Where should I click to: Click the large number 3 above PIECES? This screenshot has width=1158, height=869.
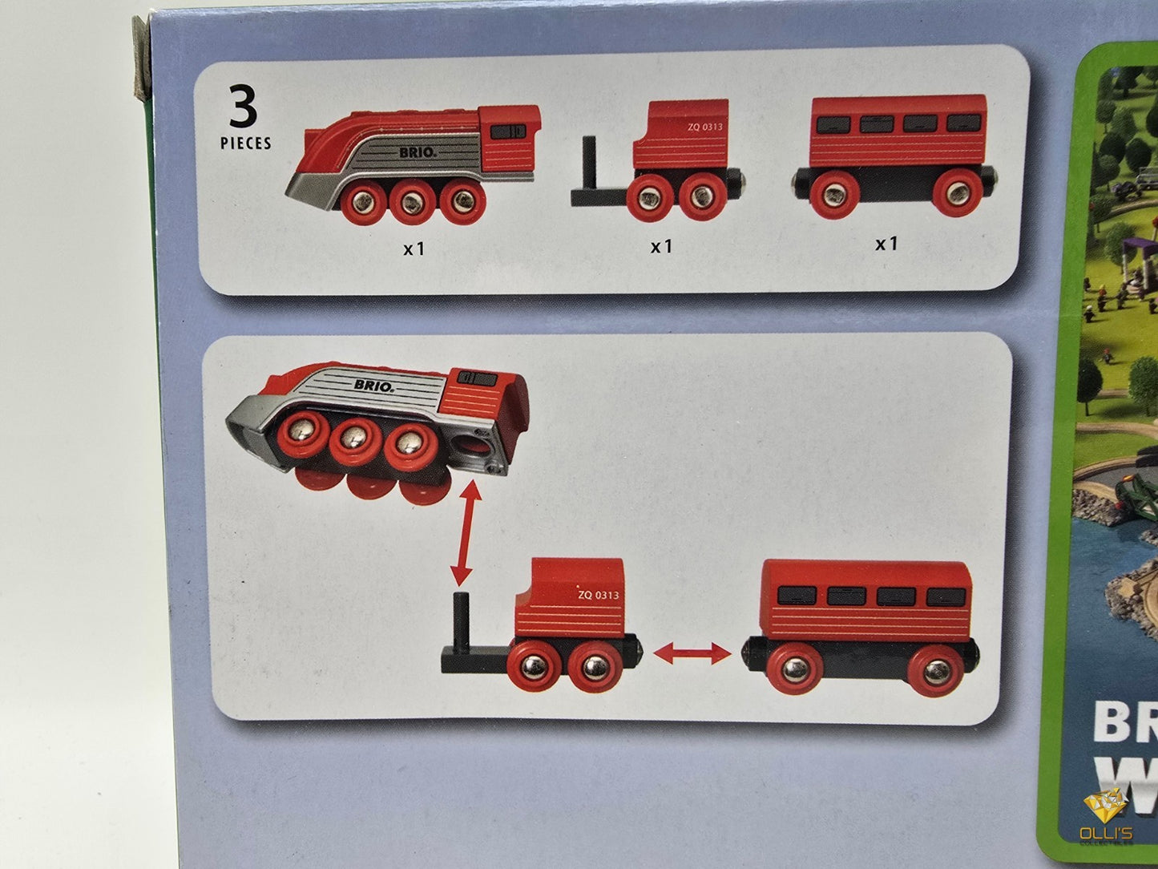243,107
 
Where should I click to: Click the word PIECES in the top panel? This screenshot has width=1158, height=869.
246,144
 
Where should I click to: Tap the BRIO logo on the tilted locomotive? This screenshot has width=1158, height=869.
373,386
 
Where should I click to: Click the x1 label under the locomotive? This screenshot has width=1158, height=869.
414,249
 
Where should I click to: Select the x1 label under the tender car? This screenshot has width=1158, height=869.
661,246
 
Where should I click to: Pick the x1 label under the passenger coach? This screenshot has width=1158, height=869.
886,243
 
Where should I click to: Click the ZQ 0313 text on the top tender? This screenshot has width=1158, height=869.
698,127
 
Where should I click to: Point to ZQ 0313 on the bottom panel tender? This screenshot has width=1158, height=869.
598,595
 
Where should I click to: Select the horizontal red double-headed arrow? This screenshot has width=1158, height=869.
692,654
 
